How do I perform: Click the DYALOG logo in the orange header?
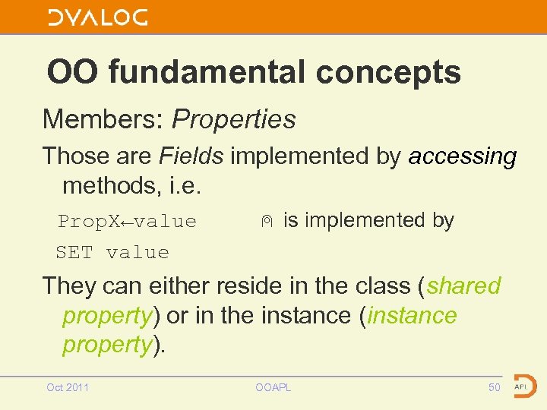click(x=98, y=18)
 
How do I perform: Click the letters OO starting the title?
click(x=73, y=73)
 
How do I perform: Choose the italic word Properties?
click(x=234, y=119)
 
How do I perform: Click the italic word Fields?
click(x=191, y=156)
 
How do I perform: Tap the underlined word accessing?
click(x=463, y=157)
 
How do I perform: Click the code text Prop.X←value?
click(x=128, y=222)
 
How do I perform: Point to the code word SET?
click(x=74, y=252)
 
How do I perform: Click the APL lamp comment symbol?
click(x=265, y=222)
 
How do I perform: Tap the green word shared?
click(x=463, y=286)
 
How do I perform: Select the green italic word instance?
click(x=412, y=315)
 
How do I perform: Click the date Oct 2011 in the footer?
click(x=68, y=387)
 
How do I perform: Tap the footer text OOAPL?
click(x=273, y=387)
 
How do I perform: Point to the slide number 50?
click(x=495, y=387)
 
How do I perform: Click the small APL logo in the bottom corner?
click(x=524, y=385)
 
